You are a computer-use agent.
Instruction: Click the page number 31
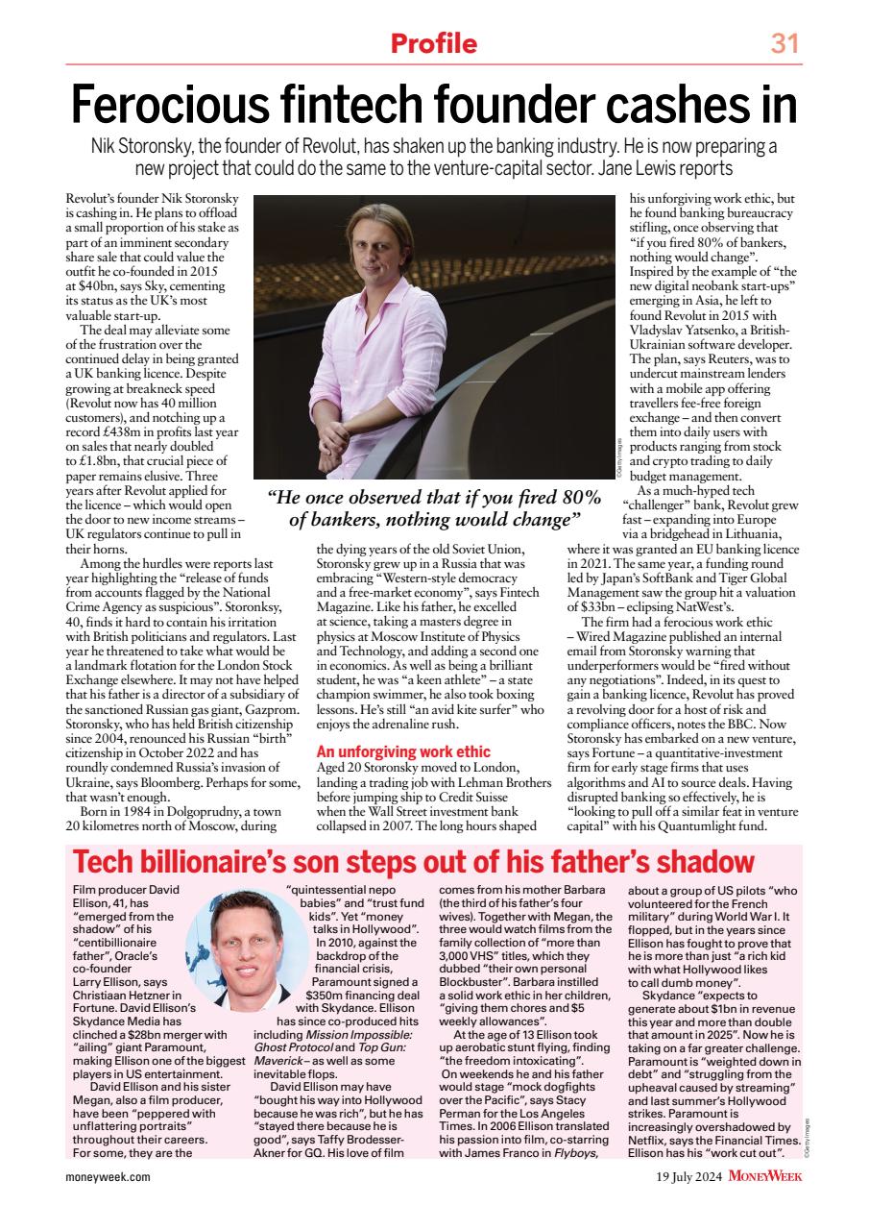[x=785, y=43]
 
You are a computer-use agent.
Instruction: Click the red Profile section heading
[x=433, y=43]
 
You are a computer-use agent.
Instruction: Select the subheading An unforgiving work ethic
[x=403, y=751]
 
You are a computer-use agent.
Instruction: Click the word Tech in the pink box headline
[x=109, y=860]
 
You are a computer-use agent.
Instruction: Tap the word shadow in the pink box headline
[x=703, y=860]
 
